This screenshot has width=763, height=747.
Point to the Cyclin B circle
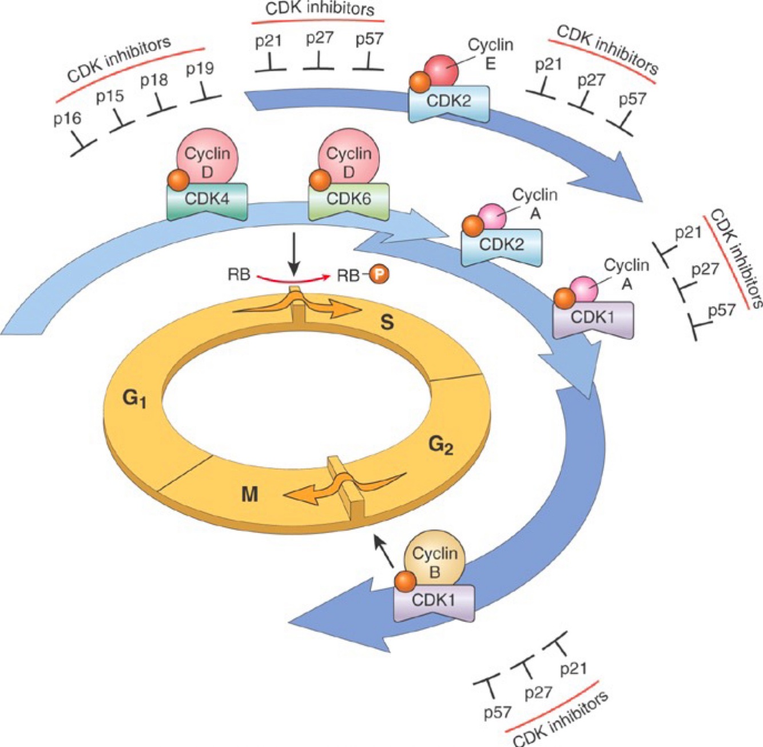click(435, 560)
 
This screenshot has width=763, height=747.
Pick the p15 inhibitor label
click(110, 95)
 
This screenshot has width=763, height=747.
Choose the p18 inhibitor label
click(154, 79)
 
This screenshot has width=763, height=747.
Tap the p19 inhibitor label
click(200, 69)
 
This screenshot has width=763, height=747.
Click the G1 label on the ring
click(135, 398)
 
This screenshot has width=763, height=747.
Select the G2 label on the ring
click(440, 444)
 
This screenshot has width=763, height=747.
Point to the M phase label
click(250, 494)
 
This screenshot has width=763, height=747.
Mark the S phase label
click(387, 323)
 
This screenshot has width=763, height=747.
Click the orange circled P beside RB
click(378, 275)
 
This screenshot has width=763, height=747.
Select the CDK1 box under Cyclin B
click(434, 602)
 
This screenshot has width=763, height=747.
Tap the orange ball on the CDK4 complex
click(177, 181)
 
